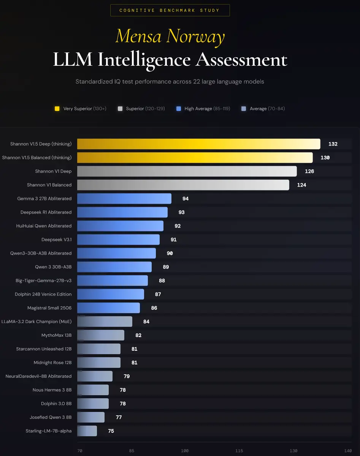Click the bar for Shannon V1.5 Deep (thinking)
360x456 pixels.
[x=198, y=144]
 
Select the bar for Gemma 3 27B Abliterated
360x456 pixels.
[x=124, y=199]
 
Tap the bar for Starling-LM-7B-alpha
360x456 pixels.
[x=87, y=431]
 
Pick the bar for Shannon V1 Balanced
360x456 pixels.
[x=183, y=185]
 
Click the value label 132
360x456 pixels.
[x=333, y=144]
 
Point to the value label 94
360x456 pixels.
[x=185, y=199]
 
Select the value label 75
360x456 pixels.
[x=111, y=431]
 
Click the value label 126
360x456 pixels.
[x=309, y=171]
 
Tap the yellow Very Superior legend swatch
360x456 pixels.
[x=57, y=109]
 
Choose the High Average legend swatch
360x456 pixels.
[x=178, y=109]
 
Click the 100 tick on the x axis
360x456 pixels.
[x=185, y=451]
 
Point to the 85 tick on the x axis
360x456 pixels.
[x=132, y=451]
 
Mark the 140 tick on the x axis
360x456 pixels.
[x=348, y=451]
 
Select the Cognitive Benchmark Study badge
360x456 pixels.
[x=170, y=10]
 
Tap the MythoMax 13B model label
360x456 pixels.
[x=56, y=336]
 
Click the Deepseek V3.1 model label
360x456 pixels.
[x=56, y=240]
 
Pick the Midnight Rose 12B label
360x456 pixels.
[x=52, y=363]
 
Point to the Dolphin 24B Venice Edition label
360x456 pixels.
[x=43, y=294]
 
